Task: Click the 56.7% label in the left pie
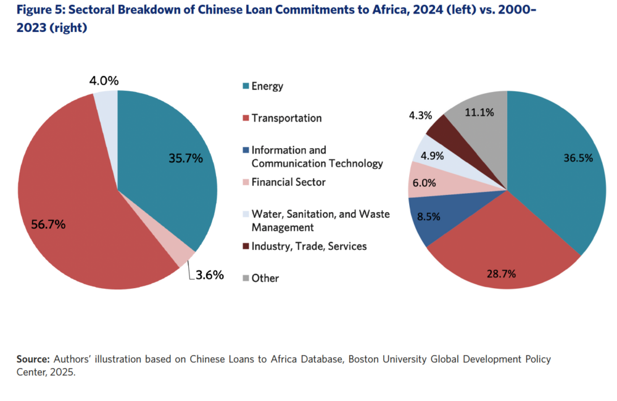(x=48, y=224)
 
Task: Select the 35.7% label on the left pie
(x=186, y=158)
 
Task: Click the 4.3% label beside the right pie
(x=421, y=115)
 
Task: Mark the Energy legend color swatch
(x=245, y=86)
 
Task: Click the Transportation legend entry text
(x=286, y=118)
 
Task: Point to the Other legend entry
(x=265, y=278)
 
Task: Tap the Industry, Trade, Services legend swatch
(x=245, y=246)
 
